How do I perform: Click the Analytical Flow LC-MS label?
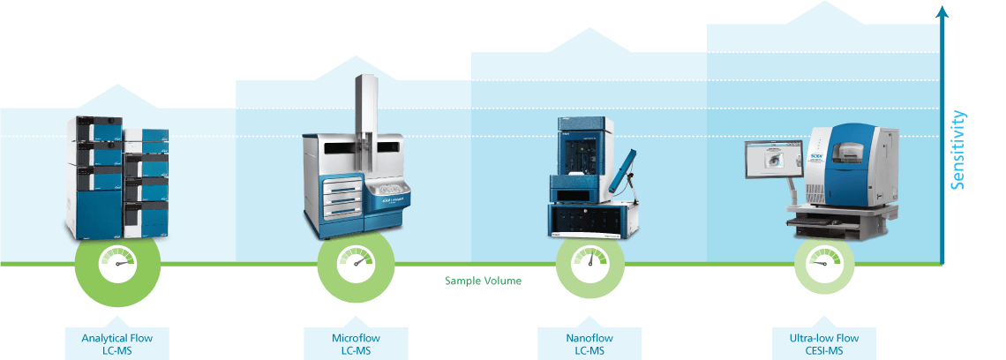point(111,343)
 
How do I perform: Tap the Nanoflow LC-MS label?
point(589,343)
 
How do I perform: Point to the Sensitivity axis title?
point(959,150)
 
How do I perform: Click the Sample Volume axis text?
point(483,281)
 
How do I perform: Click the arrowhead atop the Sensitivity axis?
point(942,11)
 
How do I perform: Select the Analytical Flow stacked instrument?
point(116,176)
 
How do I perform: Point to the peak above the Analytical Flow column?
point(117,88)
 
